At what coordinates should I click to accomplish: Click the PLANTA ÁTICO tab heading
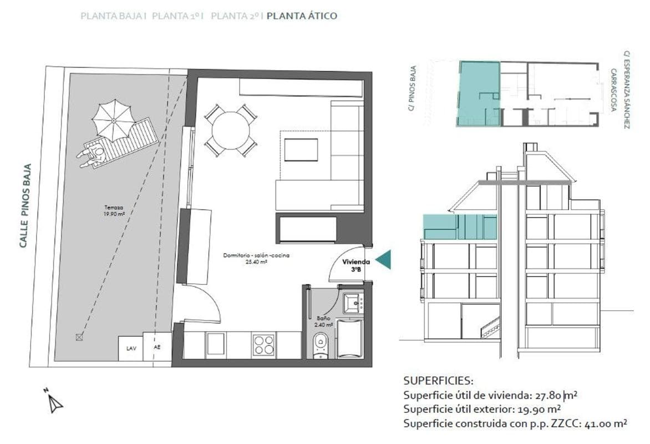[302, 16]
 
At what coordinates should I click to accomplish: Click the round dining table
[231, 131]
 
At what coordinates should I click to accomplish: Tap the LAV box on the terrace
[130, 348]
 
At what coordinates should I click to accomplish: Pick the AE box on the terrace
[157, 346]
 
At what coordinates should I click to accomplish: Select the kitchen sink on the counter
[216, 344]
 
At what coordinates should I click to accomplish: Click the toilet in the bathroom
[320, 346]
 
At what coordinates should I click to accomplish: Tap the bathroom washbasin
[353, 304]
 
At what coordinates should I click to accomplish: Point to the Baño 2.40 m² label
[324, 321]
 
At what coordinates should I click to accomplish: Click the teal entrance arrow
[383, 261]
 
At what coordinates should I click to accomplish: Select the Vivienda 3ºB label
[356, 265]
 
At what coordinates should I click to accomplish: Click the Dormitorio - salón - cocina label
[256, 258]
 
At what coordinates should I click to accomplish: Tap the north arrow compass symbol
[53, 400]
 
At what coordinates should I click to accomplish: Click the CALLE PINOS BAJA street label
[26, 206]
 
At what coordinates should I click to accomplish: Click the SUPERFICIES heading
[438, 381]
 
